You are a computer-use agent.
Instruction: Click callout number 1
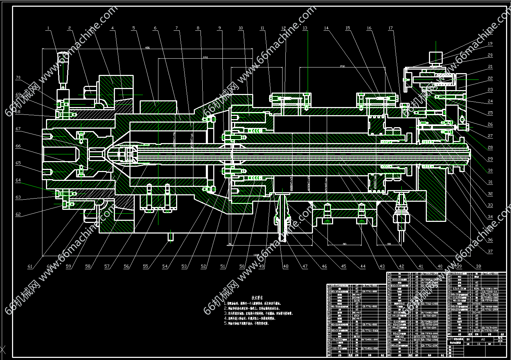click(x=48, y=28)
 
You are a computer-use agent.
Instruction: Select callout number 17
click(x=390, y=28)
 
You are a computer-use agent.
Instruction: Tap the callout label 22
click(x=490, y=78)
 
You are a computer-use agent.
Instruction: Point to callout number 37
click(x=490, y=252)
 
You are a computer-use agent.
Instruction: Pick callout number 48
click(x=286, y=266)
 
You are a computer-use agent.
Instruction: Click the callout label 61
click(x=30, y=266)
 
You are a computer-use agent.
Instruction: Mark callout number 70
click(x=18, y=77)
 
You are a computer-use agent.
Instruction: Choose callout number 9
click(x=219, y=28)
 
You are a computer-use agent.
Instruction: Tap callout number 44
click(x=363, y=266)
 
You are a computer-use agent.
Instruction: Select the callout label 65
click(x=18, y=163)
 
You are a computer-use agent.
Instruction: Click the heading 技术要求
click(x=257, y=297)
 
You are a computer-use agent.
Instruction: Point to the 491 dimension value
click(x=147, y=48)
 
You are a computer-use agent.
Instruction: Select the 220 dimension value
click(x=205, y=57)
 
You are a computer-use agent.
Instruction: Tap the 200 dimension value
click(x=342, y=66)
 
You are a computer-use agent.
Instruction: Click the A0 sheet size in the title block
click(x=483, y=339)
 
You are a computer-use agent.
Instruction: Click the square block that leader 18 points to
click(x=436, y=58)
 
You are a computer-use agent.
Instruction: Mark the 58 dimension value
click(x=389, y=244)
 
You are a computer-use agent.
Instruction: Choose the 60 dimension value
click(x=344, y=244)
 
